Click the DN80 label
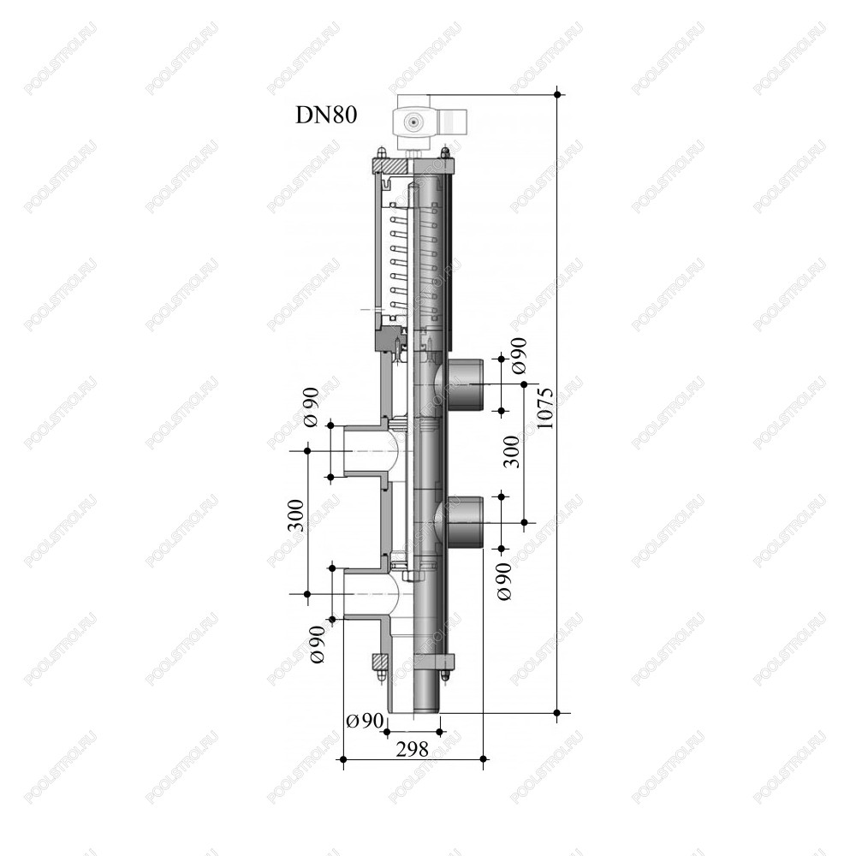tap(326, 116)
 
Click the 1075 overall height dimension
tap(544, 408)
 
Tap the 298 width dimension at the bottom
tap(413, 750)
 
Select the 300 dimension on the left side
tap(295, 515)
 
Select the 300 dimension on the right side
tap(512, 451)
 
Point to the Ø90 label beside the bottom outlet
tap(365, 721)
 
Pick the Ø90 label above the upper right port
tap(519, 356)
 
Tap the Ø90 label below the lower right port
tap(504, 581)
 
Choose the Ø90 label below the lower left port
tap(317, 645)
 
